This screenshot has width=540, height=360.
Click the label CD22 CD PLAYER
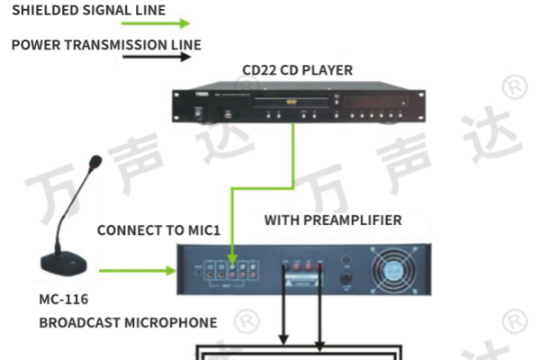(x=297, y=70)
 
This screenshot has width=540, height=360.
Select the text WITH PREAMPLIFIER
(x=332, y=220)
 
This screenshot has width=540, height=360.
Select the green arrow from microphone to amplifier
(x=135, y=270)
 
